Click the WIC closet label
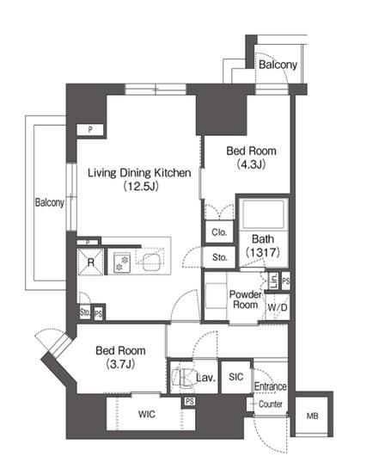pos(147,414)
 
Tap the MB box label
pos(312,416)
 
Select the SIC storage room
pos(235,377)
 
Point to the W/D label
pos(278,307)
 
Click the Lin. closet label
pos(273,281)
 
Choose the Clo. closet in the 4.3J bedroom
pos(219,231)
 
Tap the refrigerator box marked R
pos(90,262)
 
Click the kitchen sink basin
pos(151,262)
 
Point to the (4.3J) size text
pos(251,164)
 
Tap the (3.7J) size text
pos(120,364)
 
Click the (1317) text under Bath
pos(263,253)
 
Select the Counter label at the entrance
pos(271,404)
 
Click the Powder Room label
pos(245,299)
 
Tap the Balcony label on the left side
pos(50,202)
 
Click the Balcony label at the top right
pos(278,65)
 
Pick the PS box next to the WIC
pos(189,401)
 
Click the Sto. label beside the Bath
pos(219,257)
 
